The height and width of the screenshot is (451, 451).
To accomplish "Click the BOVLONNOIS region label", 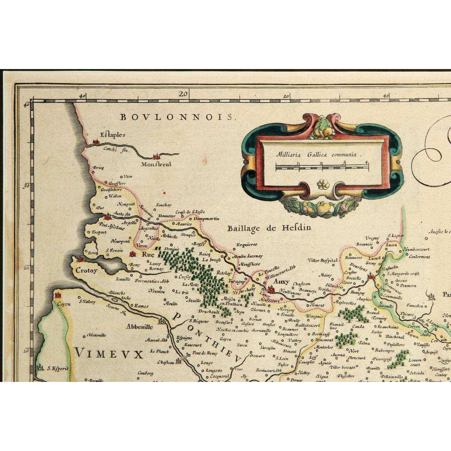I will coord(177,117).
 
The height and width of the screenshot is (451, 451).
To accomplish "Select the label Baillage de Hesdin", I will coord(269,228).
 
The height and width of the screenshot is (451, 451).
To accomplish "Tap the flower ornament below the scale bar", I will coord(322,185).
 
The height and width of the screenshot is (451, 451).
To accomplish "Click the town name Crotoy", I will coord(87,271).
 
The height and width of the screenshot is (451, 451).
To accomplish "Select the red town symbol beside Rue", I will coord(132,255).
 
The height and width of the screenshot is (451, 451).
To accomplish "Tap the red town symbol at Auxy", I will coord(270,289).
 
